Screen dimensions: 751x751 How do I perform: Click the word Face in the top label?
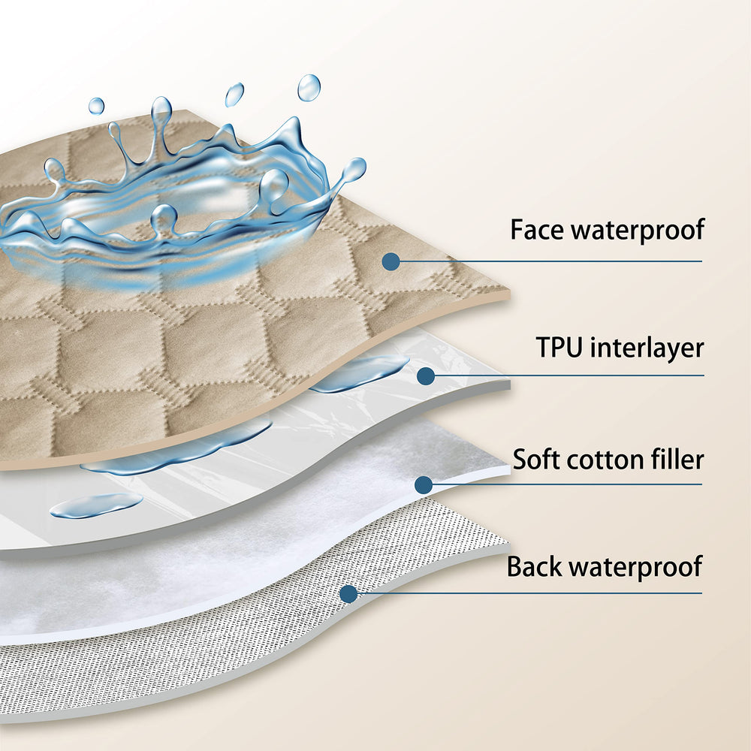[535, 229]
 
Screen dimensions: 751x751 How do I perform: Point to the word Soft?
[534, 458]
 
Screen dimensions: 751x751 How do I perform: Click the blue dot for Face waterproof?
[390, 261]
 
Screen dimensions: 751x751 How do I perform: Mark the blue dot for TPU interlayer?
[426, 375]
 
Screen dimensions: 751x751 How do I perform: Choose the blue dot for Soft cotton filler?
[424, 484]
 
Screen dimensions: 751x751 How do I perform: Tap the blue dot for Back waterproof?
[348, 594]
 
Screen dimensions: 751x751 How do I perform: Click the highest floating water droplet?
[309, 88]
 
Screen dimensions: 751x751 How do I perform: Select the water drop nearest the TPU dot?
[359, 373]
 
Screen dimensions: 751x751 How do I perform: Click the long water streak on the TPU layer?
[180, 449]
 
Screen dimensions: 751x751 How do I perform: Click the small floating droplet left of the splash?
[96, 106]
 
